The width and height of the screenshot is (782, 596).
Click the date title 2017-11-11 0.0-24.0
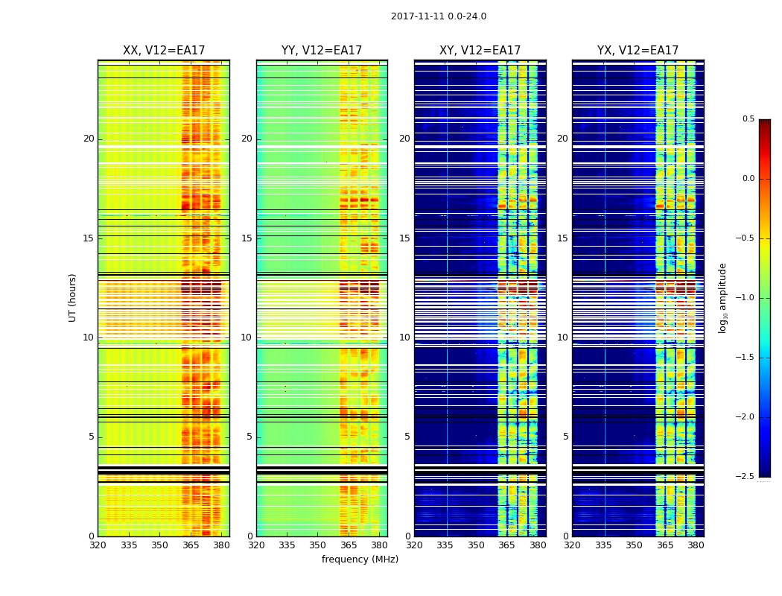439,16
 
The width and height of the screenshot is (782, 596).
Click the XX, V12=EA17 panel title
164,51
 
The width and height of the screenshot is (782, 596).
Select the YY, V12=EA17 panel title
322,51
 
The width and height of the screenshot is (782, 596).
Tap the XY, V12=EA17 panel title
480,51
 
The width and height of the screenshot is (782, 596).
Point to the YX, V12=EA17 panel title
638,51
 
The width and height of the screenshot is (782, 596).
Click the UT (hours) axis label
73,297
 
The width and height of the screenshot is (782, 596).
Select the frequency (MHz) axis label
360,559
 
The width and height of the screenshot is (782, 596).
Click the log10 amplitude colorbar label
722,297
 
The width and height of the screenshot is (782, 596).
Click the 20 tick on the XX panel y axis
89,139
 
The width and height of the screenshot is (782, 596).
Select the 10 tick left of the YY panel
247,337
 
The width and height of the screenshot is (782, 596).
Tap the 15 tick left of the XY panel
404,238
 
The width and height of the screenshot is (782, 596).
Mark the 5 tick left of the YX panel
565,437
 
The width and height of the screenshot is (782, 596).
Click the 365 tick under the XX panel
191,545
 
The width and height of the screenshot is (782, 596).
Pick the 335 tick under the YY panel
287,545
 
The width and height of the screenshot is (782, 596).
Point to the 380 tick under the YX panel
696,545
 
